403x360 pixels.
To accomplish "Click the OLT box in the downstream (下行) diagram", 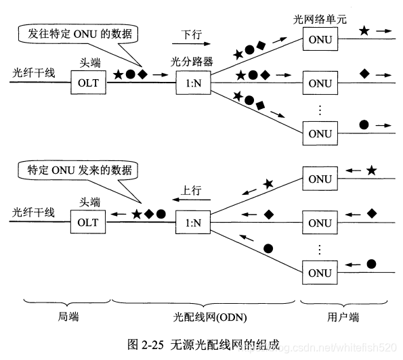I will pyautogui.click(x=88, y=84).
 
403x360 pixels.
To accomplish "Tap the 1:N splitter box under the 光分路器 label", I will pyautogui.click(x=193, y=84).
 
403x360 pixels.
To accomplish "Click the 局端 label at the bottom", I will pyautogui.click(x=66, y=315).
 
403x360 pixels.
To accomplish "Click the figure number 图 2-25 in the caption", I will pyautogui.click(x=145, y=344).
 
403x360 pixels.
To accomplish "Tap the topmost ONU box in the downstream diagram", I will pyautogui.click(x=320, y=41).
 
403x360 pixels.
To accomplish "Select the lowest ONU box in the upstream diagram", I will pyautogui.click(x=320, y=273).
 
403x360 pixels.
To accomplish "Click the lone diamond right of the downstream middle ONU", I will pyautogui.click(x=364, y=72).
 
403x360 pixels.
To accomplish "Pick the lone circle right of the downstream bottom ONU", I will pyautogui.click(x=364, y=125).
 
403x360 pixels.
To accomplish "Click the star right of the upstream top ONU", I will pyautogui.click(x=371, y=171).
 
